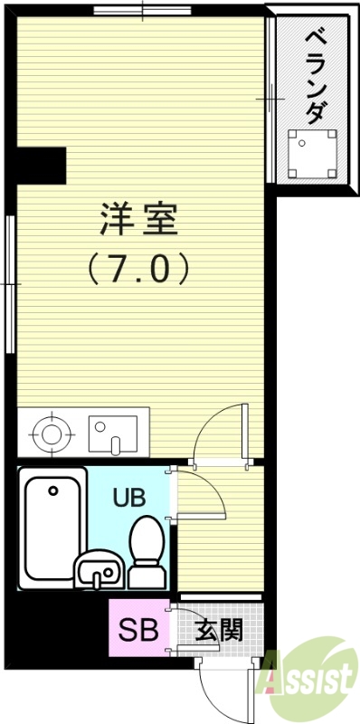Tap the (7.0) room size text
138,268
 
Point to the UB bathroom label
127,497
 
